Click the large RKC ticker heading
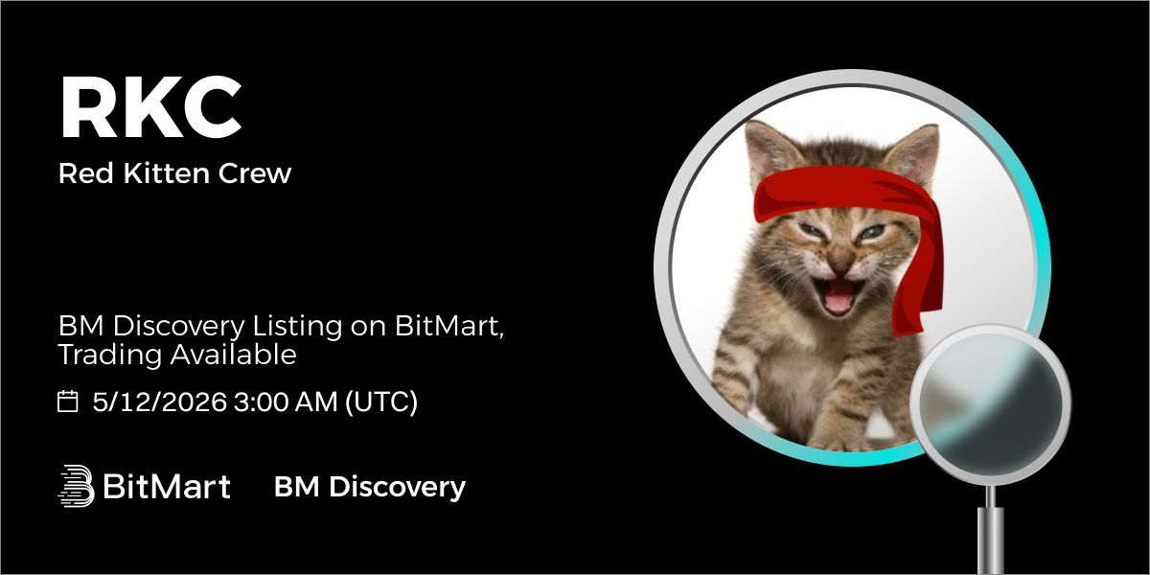point(151,107)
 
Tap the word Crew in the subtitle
point(255,173)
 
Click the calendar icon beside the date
point(67,401)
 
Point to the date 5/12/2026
point(160,401)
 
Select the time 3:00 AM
point(286,401)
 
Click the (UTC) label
point(381,402)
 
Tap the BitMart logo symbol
point(76,486)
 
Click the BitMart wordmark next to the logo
point(167,486)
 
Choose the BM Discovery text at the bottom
point(370,487)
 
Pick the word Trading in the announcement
point(110,355)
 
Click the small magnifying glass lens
point(990,402)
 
